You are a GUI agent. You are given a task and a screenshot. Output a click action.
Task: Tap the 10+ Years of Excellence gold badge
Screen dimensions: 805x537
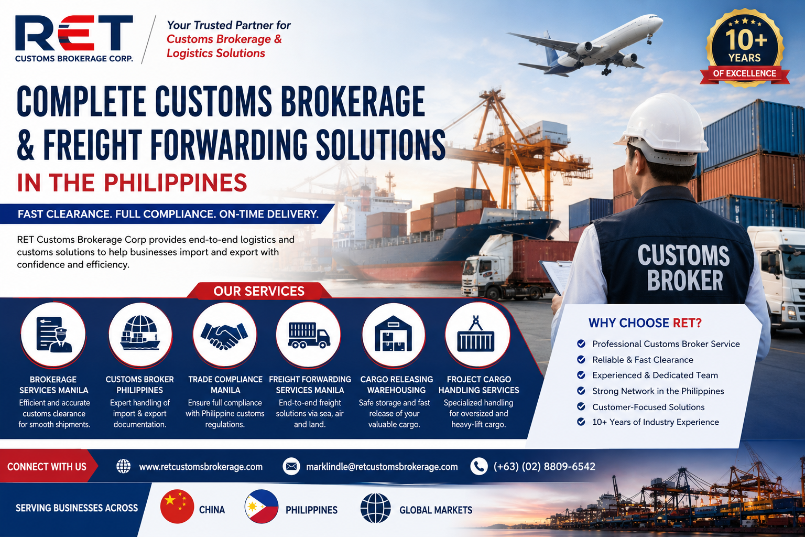point(745,49)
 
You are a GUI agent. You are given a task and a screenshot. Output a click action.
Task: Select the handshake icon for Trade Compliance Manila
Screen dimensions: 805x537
point(225,335)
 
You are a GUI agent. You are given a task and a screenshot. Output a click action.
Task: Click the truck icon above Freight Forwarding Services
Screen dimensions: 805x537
point(309,335)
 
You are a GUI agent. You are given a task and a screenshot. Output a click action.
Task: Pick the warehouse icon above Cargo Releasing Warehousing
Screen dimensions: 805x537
point(394,334)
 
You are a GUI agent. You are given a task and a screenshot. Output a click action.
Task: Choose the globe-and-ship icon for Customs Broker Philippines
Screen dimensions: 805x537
point(140,333)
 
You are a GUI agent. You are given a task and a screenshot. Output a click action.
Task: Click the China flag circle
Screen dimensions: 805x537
point(177,507)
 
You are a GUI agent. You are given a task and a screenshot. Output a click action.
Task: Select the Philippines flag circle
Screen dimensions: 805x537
point(262,507)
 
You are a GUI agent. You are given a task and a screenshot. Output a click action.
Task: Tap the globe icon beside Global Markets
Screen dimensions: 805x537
point(376,508)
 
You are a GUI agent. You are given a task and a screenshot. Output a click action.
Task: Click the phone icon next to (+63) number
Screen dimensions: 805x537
point(478,467)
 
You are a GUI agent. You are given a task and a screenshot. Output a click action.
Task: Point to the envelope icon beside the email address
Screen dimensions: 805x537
point(291,467)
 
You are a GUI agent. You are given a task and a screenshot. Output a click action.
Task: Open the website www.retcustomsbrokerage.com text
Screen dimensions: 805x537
point(201,467)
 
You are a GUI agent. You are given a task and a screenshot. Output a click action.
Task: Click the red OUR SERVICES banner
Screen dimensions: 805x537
point(259,291)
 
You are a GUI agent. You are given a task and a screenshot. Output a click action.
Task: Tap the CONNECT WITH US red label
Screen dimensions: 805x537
point(47,467)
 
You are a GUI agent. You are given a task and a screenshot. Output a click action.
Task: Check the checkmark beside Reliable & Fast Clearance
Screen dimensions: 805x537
point(581,359)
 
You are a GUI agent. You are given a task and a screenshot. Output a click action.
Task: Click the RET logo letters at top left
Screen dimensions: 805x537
point(74,33)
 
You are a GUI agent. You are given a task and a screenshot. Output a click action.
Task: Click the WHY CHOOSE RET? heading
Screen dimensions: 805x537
point(645,323)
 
